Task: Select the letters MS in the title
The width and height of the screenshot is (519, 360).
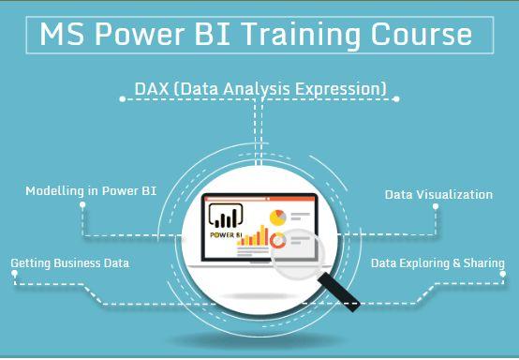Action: (x=61, y=35)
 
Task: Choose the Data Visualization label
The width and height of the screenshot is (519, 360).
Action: (x=438, y=194)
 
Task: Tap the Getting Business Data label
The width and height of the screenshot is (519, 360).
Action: (x=70, y=264)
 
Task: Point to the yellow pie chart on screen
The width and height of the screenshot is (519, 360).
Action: (x=277, y=217)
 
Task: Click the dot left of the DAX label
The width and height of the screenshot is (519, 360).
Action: (x=122, y=96)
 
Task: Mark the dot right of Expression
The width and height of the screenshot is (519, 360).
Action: (x=396, y=96)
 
